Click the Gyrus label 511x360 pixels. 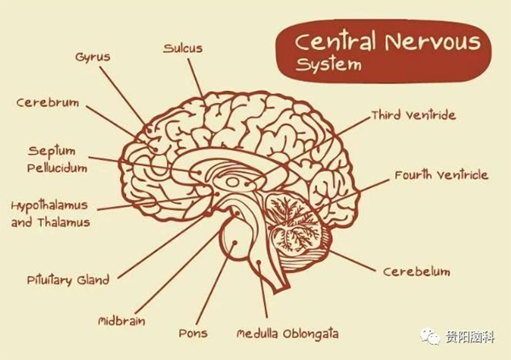click(93, 57)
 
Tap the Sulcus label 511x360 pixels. click(183, 49)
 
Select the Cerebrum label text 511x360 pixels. click(48, 103)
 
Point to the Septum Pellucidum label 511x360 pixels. click(57, 159)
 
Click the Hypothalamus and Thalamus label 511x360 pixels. click(50, 214)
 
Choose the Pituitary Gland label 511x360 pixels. click(68, 281)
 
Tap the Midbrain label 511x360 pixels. click(122, 321)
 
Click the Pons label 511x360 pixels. click(193, 334)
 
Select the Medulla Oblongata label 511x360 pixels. click(288, 334)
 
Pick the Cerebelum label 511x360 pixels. click(416, 271)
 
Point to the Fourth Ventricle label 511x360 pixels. click(441, 175)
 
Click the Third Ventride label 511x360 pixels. click(414, 116)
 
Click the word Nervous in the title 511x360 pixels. click(433, 43)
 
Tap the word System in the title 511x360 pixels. click(329, 64)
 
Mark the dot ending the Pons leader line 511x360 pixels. click(234, 243)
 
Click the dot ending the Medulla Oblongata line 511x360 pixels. click(258, 263)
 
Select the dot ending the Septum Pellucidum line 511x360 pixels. click(198, 172)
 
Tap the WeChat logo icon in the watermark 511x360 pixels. click(429, 336)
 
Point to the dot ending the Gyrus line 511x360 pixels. click(149, 130)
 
